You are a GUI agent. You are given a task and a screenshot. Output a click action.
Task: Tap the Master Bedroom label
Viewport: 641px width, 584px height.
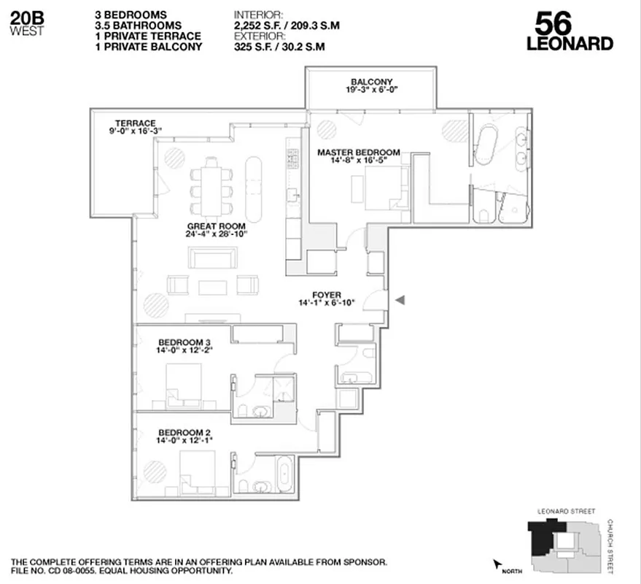[x=358, y=153]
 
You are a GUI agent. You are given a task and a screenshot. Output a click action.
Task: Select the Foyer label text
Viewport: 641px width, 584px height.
[x=326, y=295]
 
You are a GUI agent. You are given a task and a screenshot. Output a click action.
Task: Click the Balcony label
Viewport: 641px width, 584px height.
[x=372, y=82]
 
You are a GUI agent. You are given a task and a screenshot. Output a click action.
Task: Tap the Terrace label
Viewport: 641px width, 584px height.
[x=135, y=123]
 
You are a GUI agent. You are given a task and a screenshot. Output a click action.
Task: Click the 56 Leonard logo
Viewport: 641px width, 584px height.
[x=569, y=33]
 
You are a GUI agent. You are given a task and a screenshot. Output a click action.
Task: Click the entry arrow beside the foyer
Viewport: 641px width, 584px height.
[x=400, y=299]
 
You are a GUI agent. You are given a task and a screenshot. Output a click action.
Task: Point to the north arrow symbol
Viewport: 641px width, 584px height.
[x=498, y=564]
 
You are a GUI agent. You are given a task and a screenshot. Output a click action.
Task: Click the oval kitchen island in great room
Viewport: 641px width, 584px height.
[x=255, y=188]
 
